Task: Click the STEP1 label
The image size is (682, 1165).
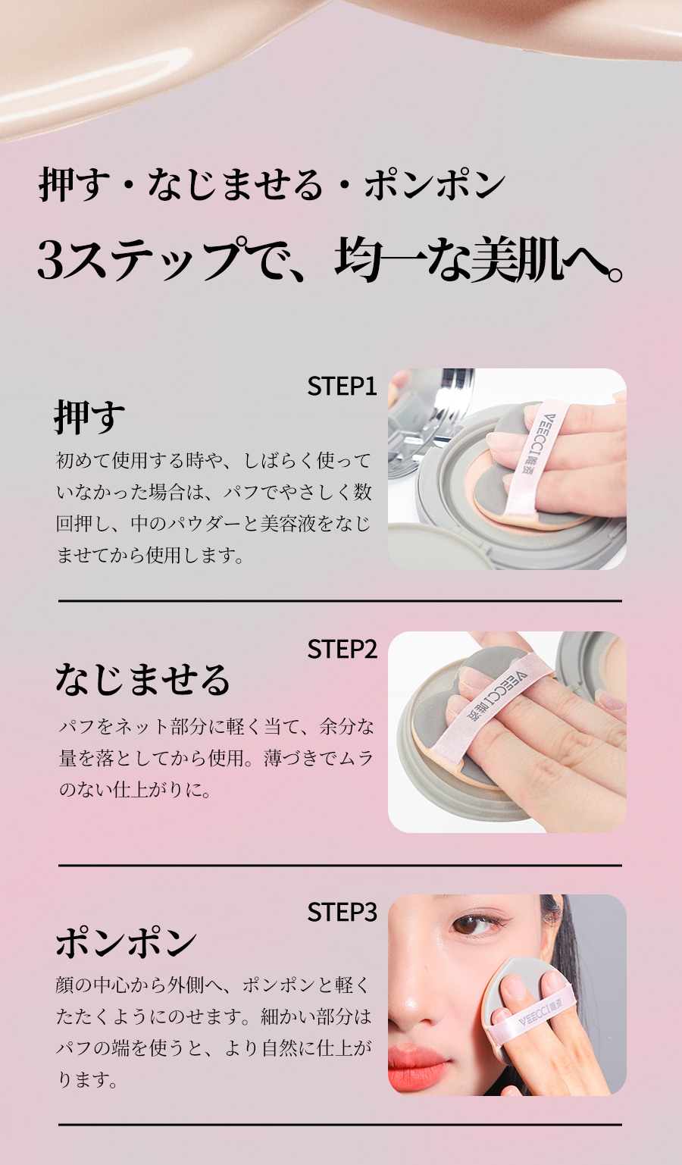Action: coord(342,387)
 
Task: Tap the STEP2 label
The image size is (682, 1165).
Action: coord(342,649)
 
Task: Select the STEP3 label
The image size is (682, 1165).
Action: coord(342,912)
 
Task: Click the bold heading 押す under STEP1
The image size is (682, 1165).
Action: coord(89,417)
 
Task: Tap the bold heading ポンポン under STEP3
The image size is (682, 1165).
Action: coord(126,942)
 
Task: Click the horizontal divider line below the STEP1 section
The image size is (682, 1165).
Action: coord(340,601)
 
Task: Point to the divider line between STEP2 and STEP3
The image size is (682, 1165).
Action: coord(340,866)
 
